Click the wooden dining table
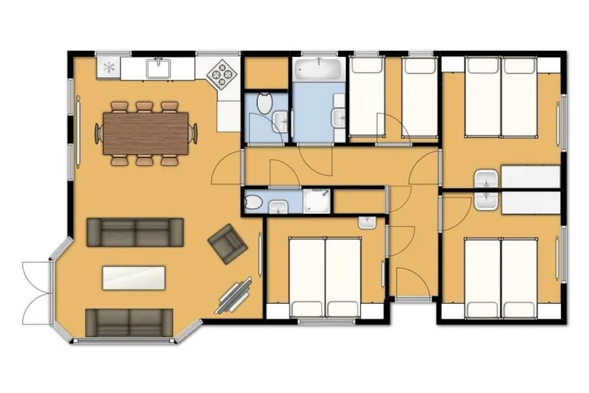point(146,133)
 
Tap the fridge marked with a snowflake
point(109,68)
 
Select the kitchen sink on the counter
point(159,69)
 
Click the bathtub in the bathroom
point(318,72)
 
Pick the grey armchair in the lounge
point(228,243)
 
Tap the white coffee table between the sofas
point(134,277)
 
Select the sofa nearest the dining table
point(135,232)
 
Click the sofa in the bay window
point(130,321)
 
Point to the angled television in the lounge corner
point(237,296)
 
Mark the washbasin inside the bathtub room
point(339,118)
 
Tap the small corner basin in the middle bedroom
point(367,220)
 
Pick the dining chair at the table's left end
point(98,133)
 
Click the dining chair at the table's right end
point(194,133)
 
